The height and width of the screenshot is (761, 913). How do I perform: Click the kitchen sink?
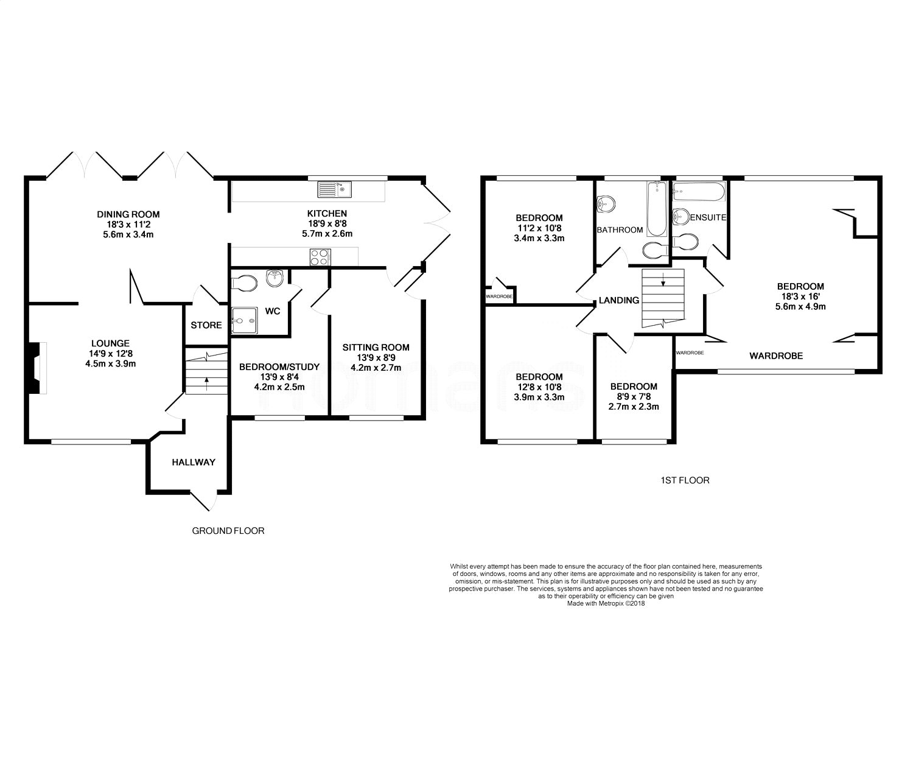point(335,189)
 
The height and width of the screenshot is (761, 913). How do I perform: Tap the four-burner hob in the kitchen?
point(320,257)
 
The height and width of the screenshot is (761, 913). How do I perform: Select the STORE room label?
point(206,325)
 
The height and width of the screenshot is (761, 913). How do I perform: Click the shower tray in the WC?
point(244,320)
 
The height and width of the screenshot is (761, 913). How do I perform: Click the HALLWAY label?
point(194,462)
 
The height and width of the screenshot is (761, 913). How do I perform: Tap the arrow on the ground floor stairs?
point(206,383)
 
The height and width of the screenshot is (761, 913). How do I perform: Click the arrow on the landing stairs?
point(663,279)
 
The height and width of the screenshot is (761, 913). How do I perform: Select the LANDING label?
point(619,301)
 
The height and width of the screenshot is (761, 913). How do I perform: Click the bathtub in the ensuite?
point(699,192)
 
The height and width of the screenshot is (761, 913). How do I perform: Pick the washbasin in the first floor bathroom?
point(606,203)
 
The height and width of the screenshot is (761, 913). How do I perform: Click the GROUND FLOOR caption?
point(228,530)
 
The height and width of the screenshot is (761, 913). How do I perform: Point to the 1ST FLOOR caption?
point(685,480)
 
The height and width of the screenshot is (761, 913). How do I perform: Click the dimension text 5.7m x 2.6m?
point(327,234)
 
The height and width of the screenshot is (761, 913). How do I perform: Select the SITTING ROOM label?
point(376,348)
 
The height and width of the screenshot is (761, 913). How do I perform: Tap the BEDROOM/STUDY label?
point(279,367)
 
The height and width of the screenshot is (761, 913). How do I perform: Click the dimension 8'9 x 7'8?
point(634,397)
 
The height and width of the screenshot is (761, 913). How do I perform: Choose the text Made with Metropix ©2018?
point(606,603)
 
